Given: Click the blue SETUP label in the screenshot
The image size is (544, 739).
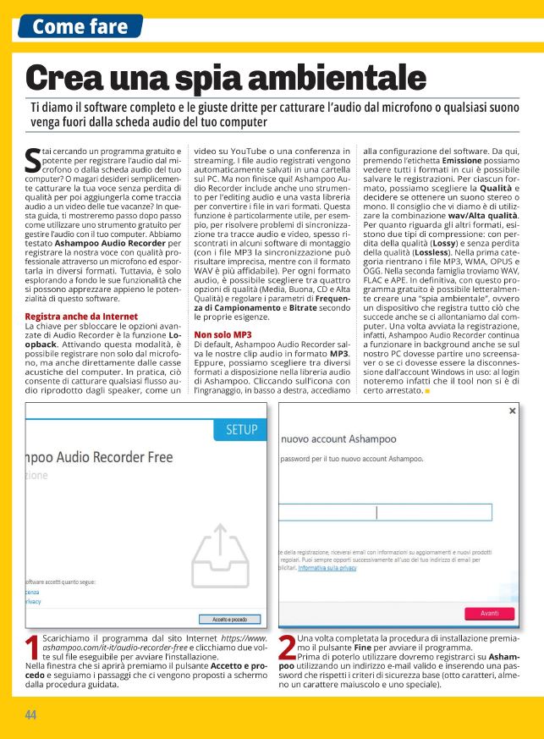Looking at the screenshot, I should [242, 430].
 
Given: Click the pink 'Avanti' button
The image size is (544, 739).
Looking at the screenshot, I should [490, 613].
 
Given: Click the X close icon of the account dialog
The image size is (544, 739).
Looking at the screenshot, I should [512, 411].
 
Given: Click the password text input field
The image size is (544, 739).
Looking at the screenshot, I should [396, 511].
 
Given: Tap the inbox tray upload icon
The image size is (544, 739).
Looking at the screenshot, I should [219, 554].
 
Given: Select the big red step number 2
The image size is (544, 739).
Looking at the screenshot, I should [287, 648].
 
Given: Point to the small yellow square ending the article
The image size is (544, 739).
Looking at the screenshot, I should [428, 391].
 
